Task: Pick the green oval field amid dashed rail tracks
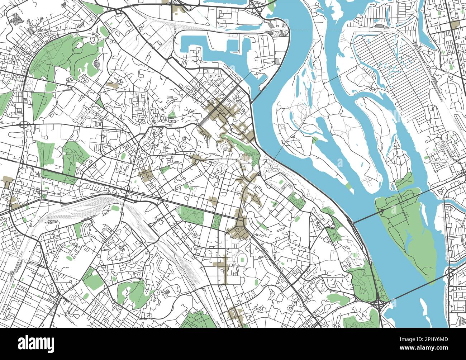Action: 115,208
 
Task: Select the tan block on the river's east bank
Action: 456,25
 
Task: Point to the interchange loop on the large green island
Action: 382,212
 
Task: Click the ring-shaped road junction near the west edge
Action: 25,124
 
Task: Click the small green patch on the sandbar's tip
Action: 347,185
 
